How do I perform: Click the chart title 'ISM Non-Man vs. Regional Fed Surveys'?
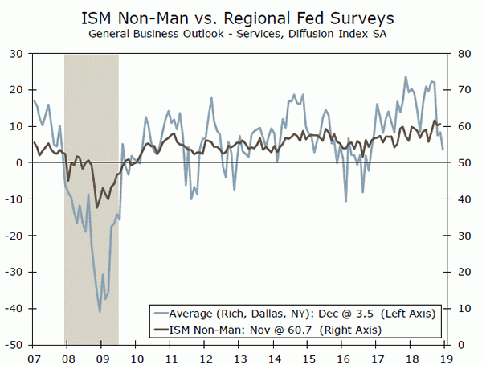(x=241, y=16)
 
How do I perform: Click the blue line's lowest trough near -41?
(x=100, y=311)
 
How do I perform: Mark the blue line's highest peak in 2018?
(x=406, y=77)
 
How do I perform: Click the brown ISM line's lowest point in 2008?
(x=96, y=207)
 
